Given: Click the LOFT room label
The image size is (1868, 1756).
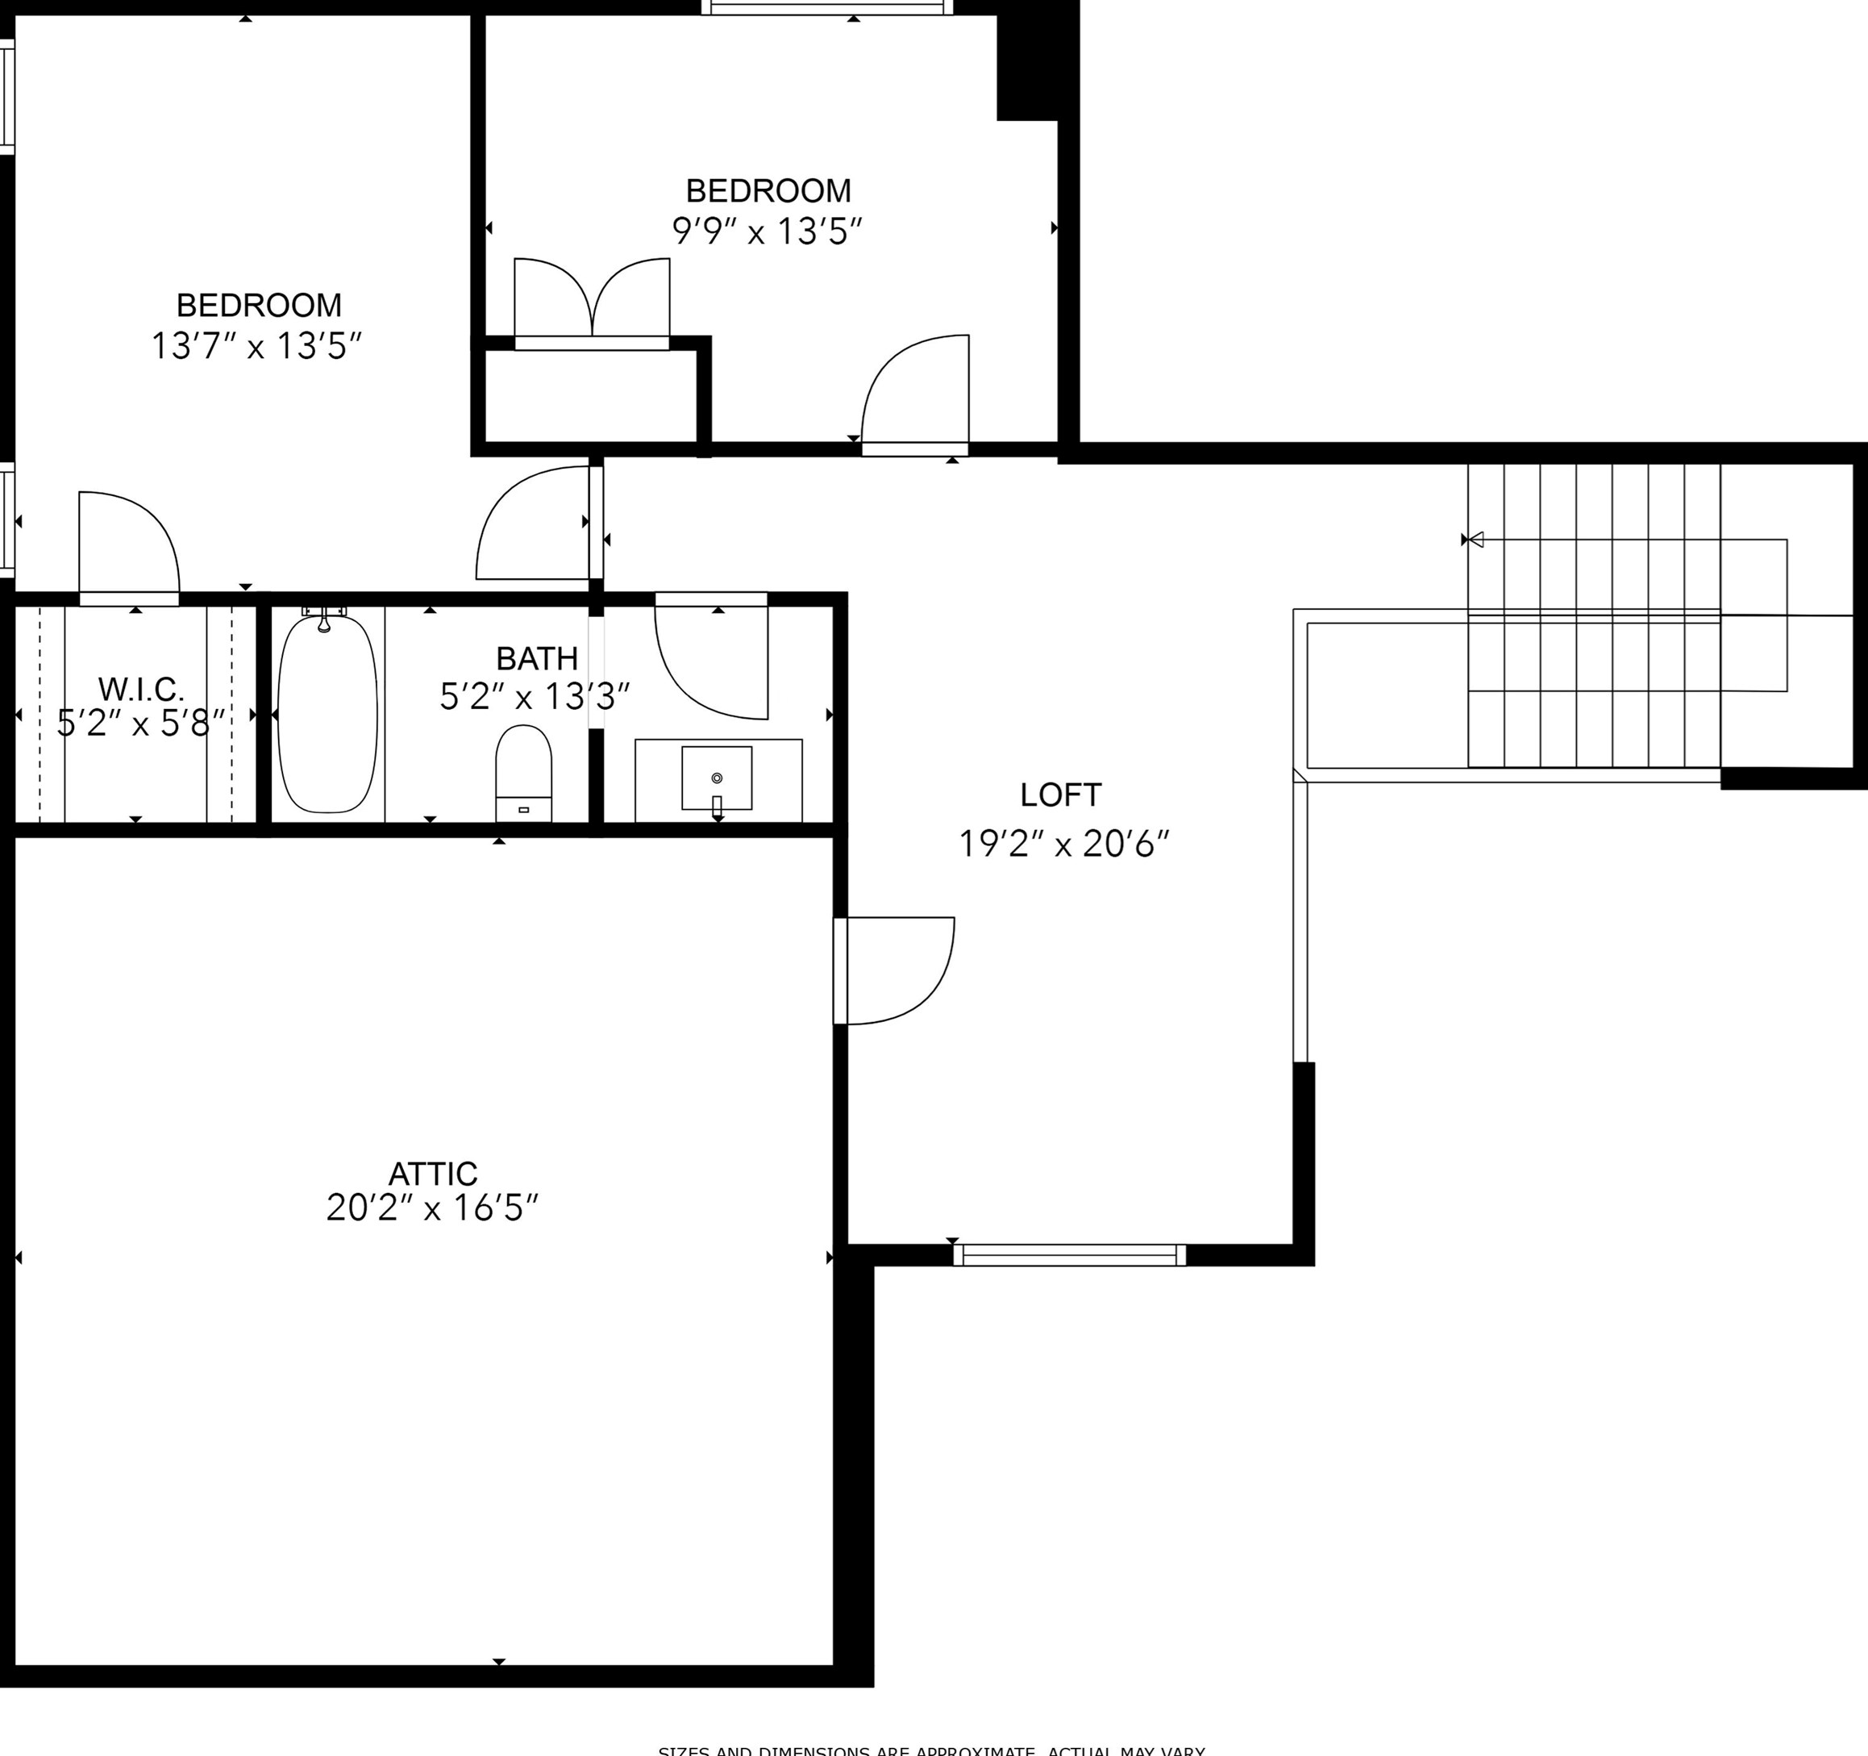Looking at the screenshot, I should click(x=1060, y=795).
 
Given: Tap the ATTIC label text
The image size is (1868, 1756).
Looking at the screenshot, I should click(x=432, y=1174).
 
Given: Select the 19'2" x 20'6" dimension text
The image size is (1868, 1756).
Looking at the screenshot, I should click(x=1063, y=845).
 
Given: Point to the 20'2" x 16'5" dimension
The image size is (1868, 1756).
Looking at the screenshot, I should click(x=432, y=1209).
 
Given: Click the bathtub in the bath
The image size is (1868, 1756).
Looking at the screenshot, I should click(x=327, y=715).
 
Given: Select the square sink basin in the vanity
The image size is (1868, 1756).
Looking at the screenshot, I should click(x=716, y=778).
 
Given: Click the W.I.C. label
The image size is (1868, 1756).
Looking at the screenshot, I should click(x=141, y=689).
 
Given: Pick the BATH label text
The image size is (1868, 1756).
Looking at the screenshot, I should click(x=536, y=658).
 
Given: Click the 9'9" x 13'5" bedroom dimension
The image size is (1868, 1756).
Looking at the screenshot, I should click(x=767, y=231).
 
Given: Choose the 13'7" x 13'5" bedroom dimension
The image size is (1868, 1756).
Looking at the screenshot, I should click(x=256, y=346).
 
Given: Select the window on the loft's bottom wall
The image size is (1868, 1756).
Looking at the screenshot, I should click(x=1069, y=1255).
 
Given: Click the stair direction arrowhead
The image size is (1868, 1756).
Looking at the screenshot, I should click(x=1475, y=540).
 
